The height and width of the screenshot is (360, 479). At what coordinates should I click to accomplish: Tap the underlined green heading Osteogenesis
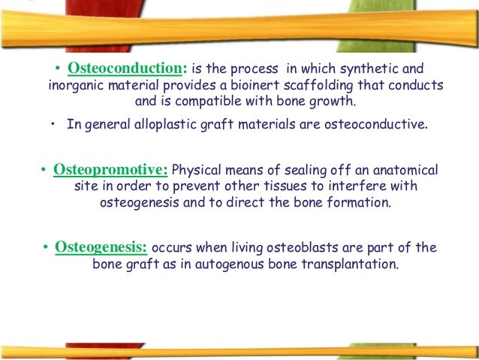click(x=101, y=248)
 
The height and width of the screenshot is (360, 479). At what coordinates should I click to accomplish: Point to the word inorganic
click(x=74, y=83)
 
